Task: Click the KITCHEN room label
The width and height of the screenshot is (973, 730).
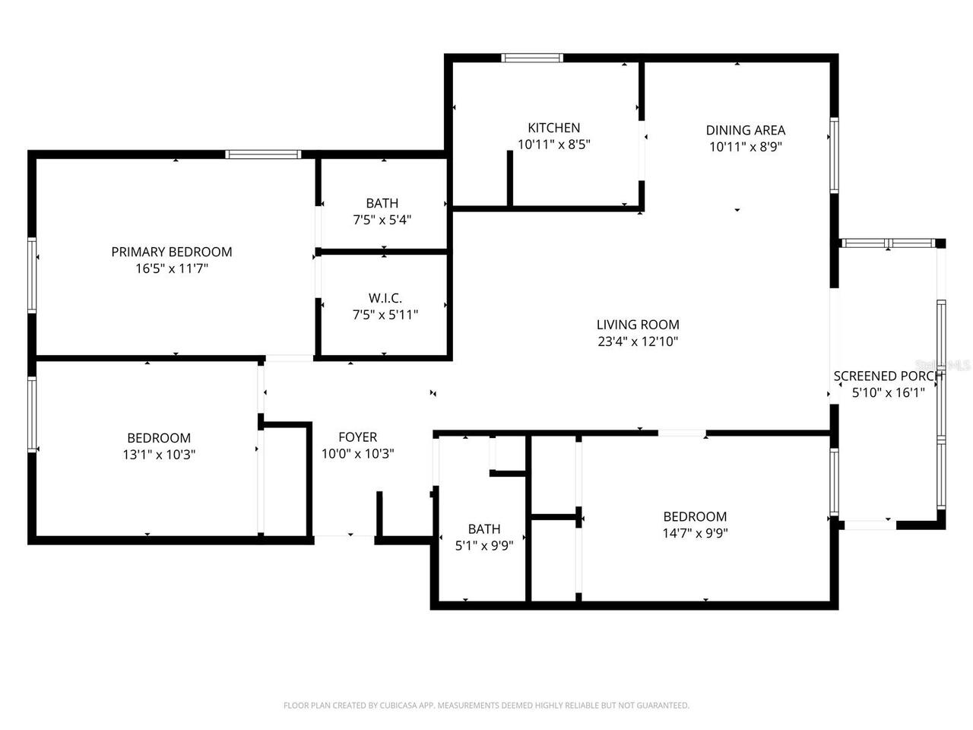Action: coord(553,128)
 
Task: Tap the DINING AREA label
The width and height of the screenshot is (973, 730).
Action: coord(745,130)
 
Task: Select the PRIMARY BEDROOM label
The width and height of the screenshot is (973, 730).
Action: coord(172,252)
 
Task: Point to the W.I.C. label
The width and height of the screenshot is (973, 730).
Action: coord(385,298)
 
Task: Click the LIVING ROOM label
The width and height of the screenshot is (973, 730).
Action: coord(638,325)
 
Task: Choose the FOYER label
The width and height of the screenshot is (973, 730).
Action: coord(357,437)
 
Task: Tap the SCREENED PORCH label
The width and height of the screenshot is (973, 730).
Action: coord(888,376)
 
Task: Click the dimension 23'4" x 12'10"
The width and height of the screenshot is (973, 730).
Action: coord(638,342)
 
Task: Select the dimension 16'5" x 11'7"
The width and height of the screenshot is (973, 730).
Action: coord(172,268)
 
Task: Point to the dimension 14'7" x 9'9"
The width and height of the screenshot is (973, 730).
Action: coord(695,533)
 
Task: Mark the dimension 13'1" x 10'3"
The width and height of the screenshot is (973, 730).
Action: coord(159,455)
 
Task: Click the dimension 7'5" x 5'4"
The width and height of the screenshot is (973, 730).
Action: coord(382,220)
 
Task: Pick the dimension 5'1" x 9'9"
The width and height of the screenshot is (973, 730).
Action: coord(484,545)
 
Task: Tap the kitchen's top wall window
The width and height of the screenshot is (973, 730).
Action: coord(532,58)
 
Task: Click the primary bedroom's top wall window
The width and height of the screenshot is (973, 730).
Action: coord(263,154)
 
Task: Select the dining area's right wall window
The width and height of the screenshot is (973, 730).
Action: coord(834,155)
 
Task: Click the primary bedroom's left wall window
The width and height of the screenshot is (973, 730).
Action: coord(32,275)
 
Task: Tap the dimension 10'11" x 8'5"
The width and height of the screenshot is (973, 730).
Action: coord(553,144)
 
